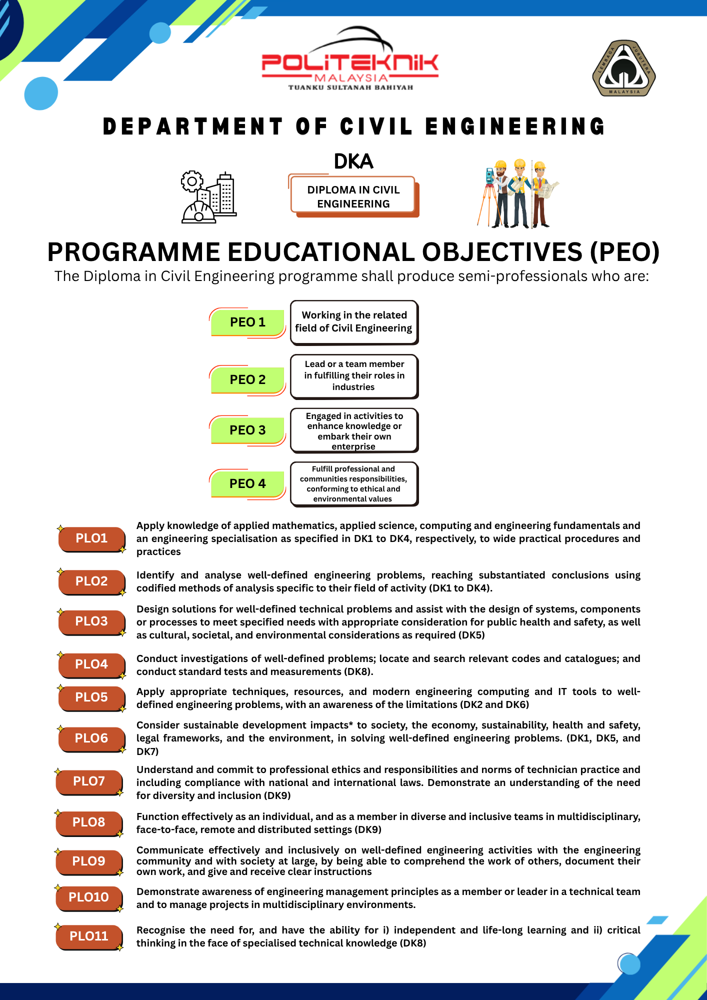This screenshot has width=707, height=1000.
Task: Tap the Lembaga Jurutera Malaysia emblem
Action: [624, 68]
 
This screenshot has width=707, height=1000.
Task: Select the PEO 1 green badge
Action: [247, 322]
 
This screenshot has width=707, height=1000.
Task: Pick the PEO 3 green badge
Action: [247, 430]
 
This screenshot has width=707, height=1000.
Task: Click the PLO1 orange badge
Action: [91, 538]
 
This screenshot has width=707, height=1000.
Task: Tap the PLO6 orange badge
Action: [91, 738]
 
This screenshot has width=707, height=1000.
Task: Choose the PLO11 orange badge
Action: [89, 936]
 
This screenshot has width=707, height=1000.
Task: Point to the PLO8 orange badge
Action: [89, 822]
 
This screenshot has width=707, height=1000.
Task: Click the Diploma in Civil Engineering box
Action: [353, 197]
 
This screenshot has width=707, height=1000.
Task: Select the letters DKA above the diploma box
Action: [353, 161]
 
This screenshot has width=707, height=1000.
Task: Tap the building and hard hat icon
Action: [209, 197]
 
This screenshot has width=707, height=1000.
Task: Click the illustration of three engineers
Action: [517, 194]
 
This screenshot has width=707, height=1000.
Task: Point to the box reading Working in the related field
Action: [354, 322]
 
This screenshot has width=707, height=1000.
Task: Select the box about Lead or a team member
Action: [354, 376]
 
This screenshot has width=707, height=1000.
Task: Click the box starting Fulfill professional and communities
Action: [354, 483]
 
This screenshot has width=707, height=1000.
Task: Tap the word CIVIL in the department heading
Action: [376, 126]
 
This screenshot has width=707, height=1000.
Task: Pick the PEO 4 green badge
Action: [247, 483]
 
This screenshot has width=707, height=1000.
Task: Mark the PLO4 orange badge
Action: [91, 664]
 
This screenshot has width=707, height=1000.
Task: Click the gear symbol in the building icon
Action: [192, 181]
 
